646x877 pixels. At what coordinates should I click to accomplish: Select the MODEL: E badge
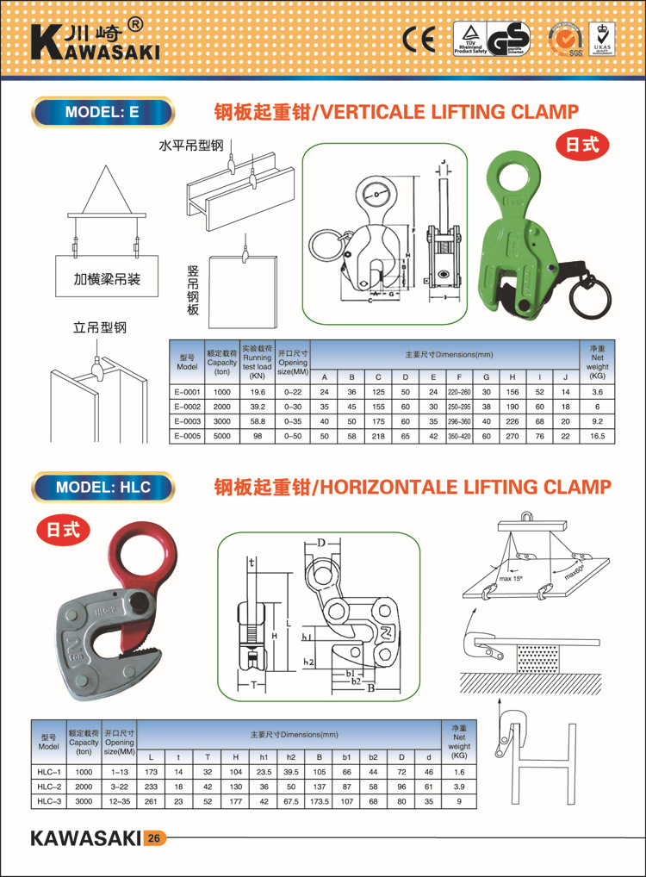[102, 112]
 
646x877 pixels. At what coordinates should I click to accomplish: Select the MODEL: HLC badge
[102, 487]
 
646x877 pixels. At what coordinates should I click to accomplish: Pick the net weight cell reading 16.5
[599, 437]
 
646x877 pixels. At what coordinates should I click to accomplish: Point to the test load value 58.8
[257, 421]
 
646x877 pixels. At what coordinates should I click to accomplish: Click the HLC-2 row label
[48, 787]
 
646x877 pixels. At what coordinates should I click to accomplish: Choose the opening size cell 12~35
[119, 801]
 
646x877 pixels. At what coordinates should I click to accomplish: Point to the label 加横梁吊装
[107, 280]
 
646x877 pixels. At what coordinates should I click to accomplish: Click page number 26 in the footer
[153, 838]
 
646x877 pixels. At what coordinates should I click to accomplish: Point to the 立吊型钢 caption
[99, 327]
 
